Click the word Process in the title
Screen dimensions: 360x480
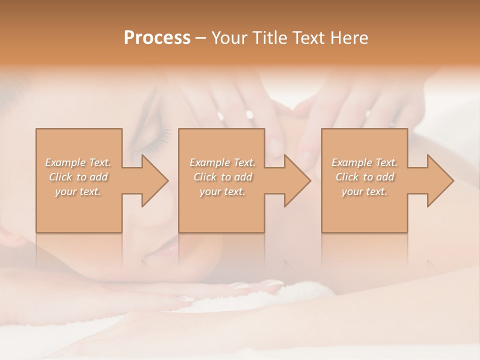coord(157,38)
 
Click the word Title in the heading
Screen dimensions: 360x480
coord(267,38)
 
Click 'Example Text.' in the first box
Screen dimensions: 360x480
coord(78,162)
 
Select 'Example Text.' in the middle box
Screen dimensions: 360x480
coord(222,162)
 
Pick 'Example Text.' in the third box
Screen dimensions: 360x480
coord(364,162)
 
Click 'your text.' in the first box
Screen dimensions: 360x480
coord(78,191)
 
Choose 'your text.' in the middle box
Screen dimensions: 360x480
coord(222,191)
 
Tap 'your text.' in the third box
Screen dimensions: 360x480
coord(364,191)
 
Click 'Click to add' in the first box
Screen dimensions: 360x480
coord(78,177)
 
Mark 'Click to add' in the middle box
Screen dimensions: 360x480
coord(222,177)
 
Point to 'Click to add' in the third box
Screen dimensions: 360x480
coord(364,177)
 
